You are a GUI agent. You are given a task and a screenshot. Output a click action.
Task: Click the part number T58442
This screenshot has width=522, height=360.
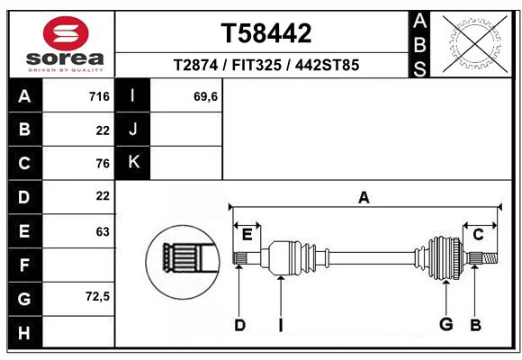pyautogui.click(x=266, y=34)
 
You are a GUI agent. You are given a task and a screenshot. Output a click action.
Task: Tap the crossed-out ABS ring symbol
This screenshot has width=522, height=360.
pyautogui.click(x=472, y=43)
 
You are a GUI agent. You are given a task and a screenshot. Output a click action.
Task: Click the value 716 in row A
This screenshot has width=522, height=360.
pyautogui.click(x=99, y=96)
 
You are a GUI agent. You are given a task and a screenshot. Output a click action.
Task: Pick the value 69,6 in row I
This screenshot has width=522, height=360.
pyautogui.click(x=205, y=96)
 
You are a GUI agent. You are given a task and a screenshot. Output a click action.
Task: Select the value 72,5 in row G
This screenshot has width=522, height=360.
pyautogui.click(x=97, y=296)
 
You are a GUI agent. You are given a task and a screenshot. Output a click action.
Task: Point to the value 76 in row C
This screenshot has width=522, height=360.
pyautogui.click(x=103, y=163)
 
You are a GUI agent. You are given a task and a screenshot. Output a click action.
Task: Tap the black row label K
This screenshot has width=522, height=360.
pyautogui.click(x=133, y=163)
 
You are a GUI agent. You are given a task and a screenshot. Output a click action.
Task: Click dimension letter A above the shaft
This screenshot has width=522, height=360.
pyautogui.click(x=364, y=197)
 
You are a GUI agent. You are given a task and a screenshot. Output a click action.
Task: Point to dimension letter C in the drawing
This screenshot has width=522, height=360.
pyautogui.click(x=479, y=235)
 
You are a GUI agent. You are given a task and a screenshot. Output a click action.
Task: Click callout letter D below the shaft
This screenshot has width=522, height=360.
pyautogui.click(x=239, y=326)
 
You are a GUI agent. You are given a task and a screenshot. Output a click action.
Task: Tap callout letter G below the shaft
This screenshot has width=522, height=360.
pyautogui.click(x=445, y=325)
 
